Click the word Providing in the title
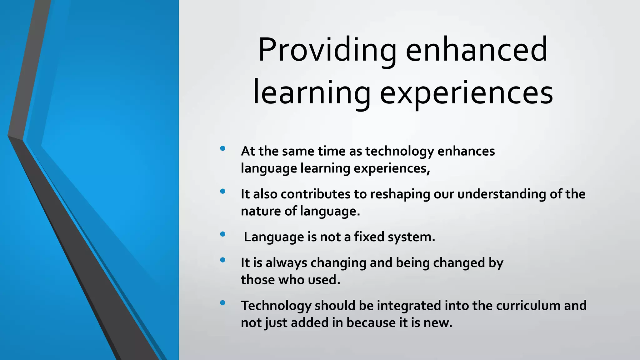[x=327, y=50]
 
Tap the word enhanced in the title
[x=476, y=50]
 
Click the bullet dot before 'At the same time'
[x=222, y=148]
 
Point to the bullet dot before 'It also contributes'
[x=222, y=191]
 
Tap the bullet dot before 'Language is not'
[x=222, y=234]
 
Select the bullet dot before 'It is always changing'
[x=222, y=260]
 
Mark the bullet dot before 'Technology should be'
[x=222, y=302]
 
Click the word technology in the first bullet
[x=399, y=152]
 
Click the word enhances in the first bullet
[x=466, y=152]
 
